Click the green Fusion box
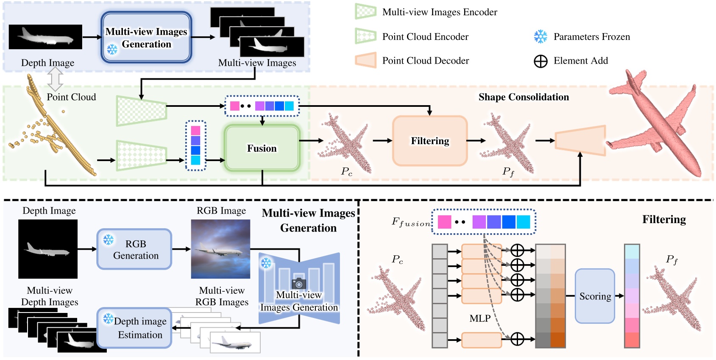262,148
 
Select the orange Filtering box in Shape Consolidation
429,141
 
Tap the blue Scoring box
595,296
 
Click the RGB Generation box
135,249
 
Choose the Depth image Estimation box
135,328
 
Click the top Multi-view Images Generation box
146,37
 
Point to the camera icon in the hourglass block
299,283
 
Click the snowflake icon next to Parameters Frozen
540,36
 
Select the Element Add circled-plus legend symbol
540,61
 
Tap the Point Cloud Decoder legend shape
366,60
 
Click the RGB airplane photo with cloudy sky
220,249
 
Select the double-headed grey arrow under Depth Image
56,79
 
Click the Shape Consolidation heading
524,97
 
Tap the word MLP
480,318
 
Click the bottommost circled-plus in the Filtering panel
517,339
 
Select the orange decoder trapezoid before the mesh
580,140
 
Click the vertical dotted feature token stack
195,145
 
